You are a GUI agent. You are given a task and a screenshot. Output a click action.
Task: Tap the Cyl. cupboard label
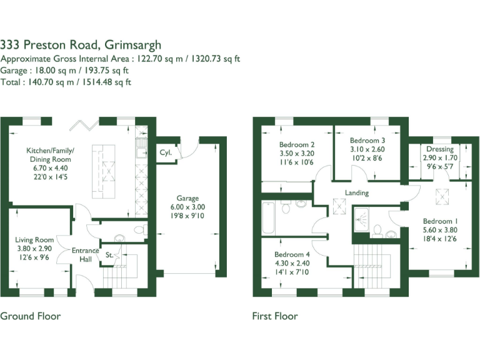click(166, 152)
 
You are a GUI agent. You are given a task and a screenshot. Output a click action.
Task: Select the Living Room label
click(34, 239)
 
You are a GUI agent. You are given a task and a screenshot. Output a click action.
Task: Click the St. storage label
click(109, 254)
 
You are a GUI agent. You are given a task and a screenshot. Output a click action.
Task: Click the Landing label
click(356, 192)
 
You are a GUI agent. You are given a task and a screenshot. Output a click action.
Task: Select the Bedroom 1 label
click(440, 221)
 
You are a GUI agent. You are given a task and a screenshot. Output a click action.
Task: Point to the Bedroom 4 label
click(292, 254)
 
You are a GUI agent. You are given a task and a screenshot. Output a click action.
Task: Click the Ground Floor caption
click(30, 316)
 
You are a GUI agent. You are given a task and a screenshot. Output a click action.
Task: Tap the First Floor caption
click(274, 316)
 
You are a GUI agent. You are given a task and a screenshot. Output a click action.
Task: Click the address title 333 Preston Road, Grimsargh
click(81, 44)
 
